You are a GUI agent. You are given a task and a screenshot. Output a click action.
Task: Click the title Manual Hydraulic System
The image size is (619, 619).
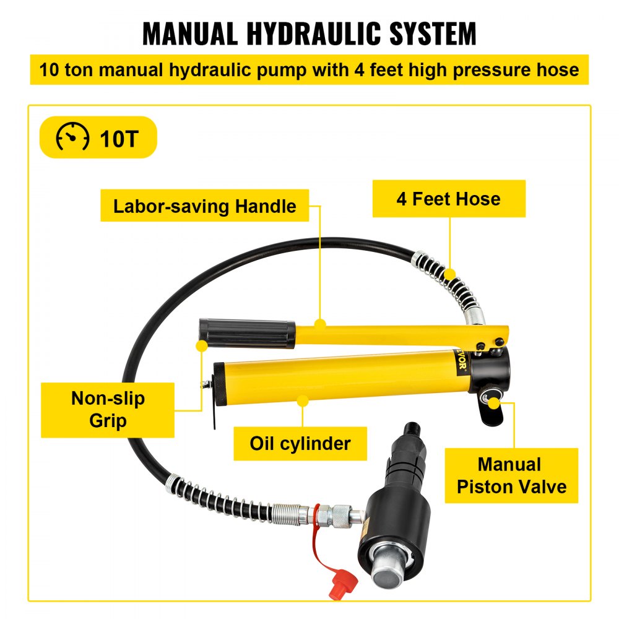[x=309, y=33]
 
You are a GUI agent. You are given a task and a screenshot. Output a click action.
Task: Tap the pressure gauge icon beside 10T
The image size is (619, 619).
[x=73, y=137]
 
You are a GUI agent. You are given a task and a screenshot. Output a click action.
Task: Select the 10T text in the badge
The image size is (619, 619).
[x=119, y=137]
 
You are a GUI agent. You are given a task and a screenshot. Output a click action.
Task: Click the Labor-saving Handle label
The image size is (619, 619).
[x=204, y=206]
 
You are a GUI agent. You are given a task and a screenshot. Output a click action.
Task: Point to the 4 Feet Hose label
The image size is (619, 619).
[x=448, y=199]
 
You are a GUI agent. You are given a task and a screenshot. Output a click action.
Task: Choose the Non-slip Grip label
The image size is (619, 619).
[x=108, y=410]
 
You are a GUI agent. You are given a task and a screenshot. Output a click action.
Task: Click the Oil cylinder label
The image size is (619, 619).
[x=300, y=443]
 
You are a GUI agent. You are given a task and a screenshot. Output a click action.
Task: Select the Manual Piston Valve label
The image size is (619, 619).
[x=511, y=475]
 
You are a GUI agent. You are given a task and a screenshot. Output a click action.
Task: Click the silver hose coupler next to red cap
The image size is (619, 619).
[x=337, y=515]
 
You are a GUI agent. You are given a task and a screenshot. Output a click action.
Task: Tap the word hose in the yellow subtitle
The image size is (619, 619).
[x=556, y=69]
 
